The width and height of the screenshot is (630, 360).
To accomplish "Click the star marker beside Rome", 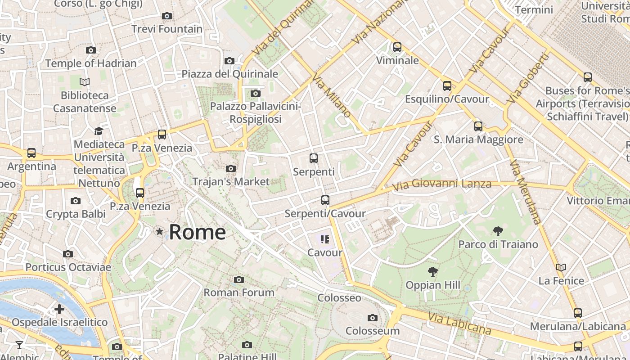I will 159,232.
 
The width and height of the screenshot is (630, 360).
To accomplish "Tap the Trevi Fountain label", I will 167,29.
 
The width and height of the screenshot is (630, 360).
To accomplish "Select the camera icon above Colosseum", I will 372,318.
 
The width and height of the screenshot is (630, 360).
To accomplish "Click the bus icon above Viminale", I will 397,47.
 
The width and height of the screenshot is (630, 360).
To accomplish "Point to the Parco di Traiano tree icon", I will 498,232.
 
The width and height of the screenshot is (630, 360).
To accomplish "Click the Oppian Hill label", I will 433,285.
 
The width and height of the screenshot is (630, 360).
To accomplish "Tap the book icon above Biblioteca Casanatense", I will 85,82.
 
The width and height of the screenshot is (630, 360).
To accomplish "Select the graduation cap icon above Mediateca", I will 99,131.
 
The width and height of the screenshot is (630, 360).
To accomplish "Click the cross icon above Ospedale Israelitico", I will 59,309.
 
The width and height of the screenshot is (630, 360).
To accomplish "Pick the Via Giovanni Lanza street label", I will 441,184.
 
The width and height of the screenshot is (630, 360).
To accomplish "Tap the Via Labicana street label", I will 459,324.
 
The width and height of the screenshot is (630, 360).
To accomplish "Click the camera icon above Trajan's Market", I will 231,169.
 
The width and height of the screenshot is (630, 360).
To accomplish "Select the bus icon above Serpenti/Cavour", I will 325,200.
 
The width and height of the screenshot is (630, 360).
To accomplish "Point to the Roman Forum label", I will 239,292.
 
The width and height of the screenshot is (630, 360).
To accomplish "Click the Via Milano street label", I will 331,95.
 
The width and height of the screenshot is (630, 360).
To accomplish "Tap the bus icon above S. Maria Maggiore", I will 478,126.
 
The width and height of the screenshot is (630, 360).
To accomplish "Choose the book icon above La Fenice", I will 561,268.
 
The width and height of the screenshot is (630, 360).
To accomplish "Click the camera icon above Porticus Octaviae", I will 68,254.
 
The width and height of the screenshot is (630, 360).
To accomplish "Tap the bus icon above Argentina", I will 31,153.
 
